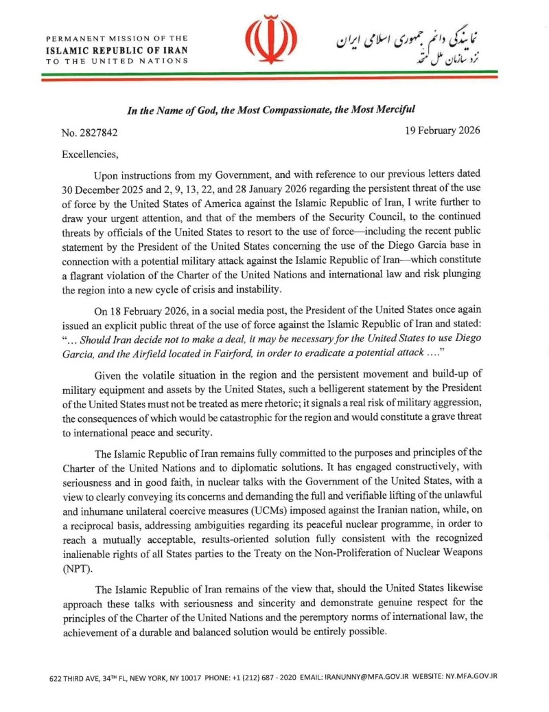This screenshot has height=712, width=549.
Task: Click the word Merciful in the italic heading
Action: click(393, 109)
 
